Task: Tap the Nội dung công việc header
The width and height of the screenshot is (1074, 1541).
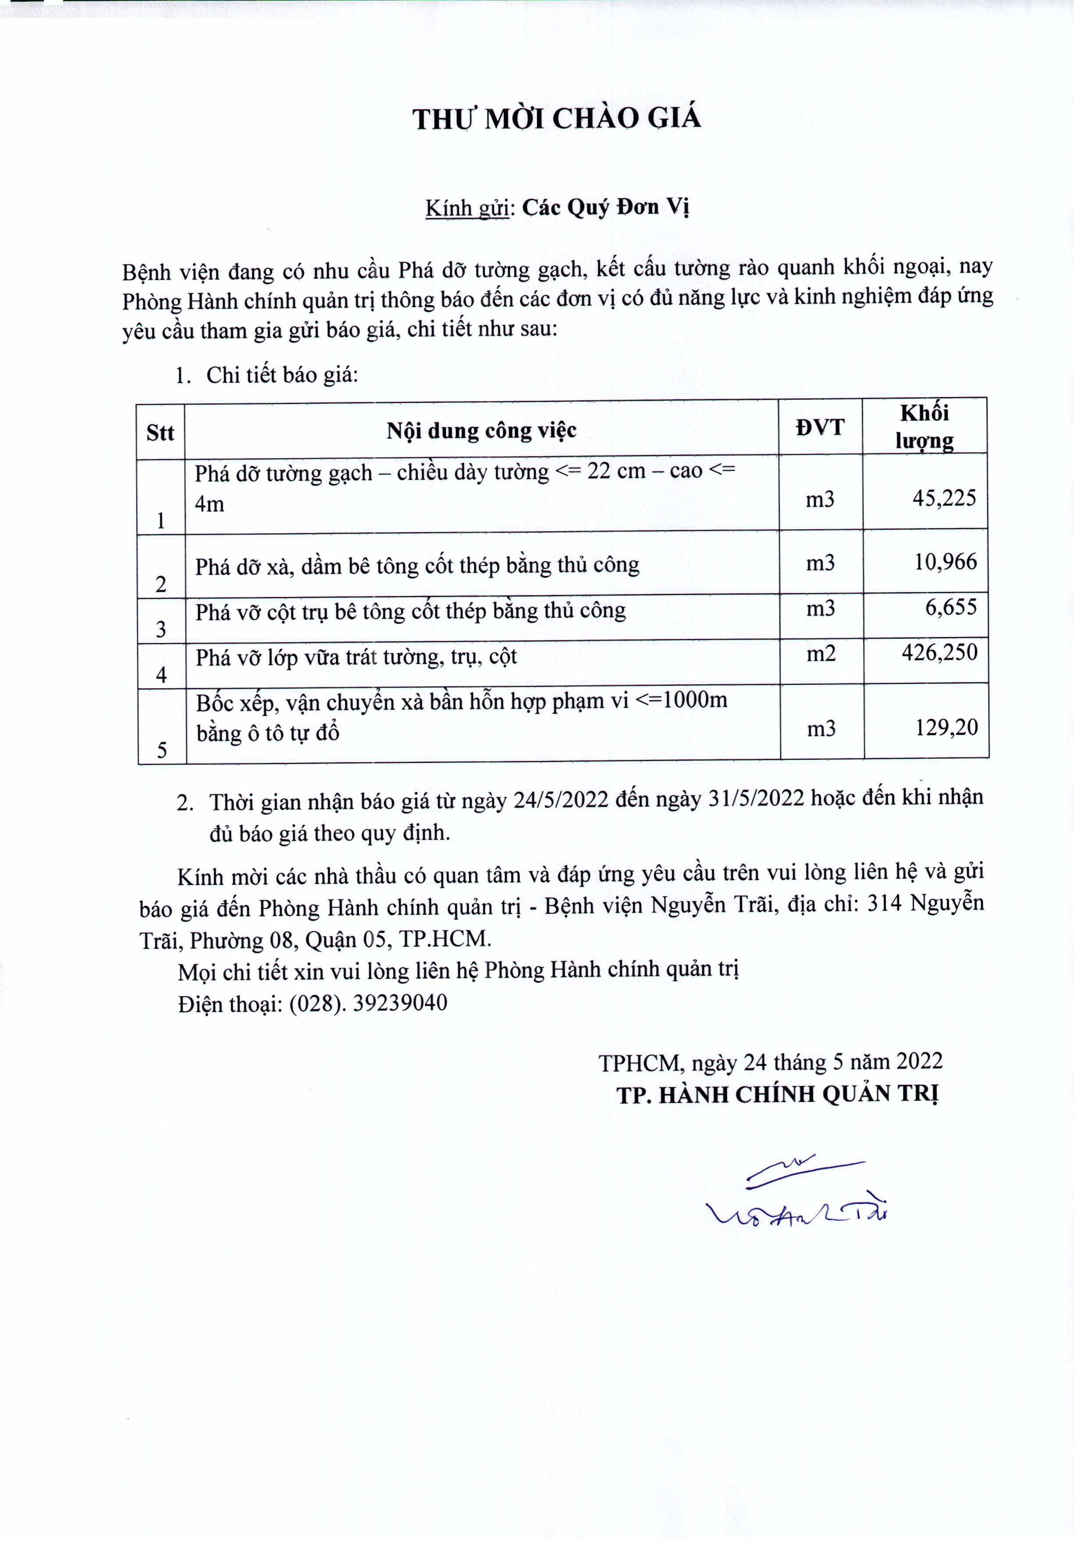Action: pyautogui.click(x=481, y=430)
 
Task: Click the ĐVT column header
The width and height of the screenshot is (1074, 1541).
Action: pyautogui.click(x=820, y=428)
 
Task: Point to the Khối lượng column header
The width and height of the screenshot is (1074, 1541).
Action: pyautogui.click(x=925, y=427)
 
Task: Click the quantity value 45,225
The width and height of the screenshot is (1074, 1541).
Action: pyautogui.click(x=944, y=498)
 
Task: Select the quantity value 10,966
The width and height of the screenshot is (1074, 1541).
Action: pyautogui.click(x=945, y=562)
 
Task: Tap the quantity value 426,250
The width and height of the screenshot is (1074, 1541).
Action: pyautogui.click(x=939, y=652)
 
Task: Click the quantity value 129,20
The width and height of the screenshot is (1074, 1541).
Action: pyautogui.click(x=946, y=728)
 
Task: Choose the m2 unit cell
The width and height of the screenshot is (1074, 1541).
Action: pyautogui.click(x=821, y=654)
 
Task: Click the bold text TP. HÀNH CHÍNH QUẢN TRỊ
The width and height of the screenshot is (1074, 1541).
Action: pyautogui.click(x=777, y=1095)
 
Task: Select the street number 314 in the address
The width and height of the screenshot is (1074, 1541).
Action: pyautogui.click(x=884, y=904)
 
